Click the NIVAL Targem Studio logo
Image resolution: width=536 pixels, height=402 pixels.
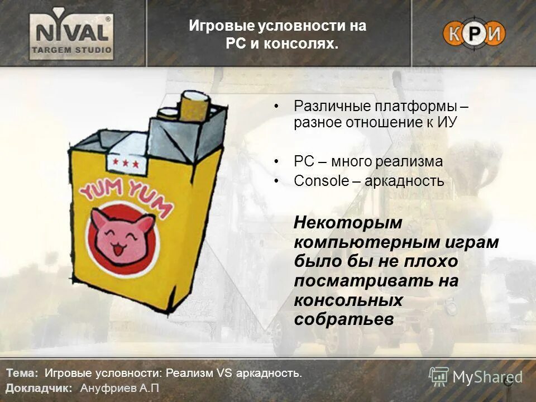[71, 35]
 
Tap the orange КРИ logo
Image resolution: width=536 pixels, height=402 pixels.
[473, 34]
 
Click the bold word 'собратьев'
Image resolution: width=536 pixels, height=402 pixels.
[344, 319]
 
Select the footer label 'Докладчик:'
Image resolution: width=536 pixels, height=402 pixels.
[39, 388]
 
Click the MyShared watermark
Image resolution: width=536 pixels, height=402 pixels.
[476, 377]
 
